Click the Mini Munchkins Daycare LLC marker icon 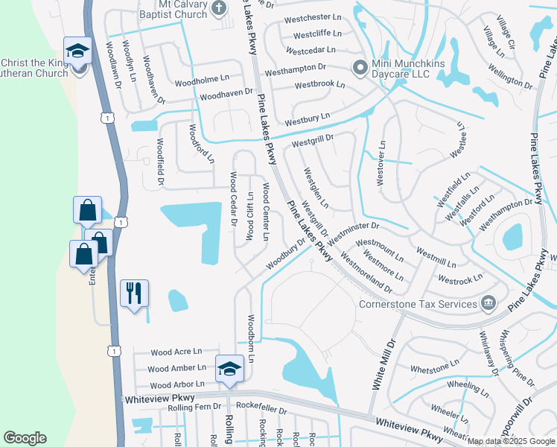pos(360,68)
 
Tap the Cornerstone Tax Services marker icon pos(488,302)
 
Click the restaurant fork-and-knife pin pos(134,293)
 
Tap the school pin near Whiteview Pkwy pos(229,367)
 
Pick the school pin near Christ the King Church pos(77,51)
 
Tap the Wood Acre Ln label pos(176,352)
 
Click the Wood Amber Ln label pos(177,368)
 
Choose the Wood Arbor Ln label pos(176,385)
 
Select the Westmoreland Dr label pos(365,271)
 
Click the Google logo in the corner pos(25,438)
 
